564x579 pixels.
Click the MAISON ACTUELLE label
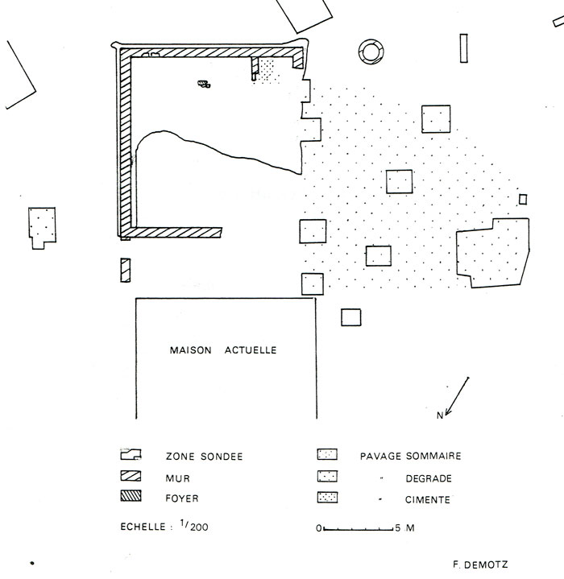[x=223, y=350]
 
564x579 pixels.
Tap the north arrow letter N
[x=440, y=416]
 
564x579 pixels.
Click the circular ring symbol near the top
[x=372, y=50]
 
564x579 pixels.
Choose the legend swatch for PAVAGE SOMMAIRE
[x=328, y=455]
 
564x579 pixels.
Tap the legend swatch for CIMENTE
[x=328, y=498]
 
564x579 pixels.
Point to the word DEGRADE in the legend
[x=428, y=478]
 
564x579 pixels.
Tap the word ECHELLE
[x=143, y=528]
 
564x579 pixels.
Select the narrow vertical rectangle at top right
[x=463, y=48]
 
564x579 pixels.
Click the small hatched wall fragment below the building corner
[x=125, y=270]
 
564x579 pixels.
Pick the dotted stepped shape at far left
[x=41, y=225]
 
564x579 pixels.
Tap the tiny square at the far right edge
[x=523, y=199]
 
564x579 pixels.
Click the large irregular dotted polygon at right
[x=492, y=254]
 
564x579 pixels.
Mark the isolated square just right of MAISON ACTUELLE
[x=350, y=317]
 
